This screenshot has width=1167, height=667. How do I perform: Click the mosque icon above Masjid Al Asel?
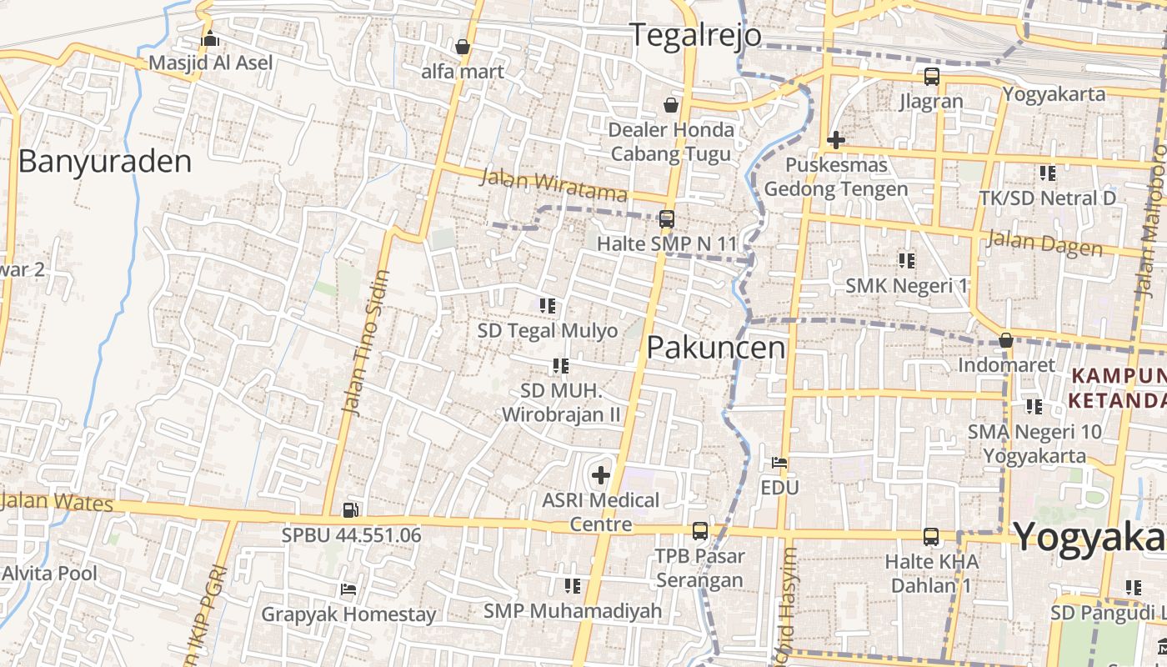(x=210, y=39)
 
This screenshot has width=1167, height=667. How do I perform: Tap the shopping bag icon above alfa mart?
(x=463, y=47)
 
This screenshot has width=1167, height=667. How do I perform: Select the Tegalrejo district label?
(x=694, y=35)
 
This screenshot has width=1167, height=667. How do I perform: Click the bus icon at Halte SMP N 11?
(x=666, y=219)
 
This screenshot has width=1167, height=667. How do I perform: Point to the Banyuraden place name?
(x=104, y=161)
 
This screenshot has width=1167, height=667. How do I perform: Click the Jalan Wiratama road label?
(x=553, y=185)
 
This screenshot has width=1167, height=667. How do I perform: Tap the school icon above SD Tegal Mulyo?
(x=548, y=306)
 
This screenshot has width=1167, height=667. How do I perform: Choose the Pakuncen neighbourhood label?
(x=716, y=347)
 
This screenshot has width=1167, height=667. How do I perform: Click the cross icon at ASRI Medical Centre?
(x=600, y=476)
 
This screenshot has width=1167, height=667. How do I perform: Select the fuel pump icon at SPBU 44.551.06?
(x=351, y=509)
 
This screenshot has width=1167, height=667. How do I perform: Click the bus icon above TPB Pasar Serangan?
(x=699, y=531)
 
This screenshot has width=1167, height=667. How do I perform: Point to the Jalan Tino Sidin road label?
(x=366, y=343)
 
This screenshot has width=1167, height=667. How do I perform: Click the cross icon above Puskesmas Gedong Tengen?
(x=835, y=140)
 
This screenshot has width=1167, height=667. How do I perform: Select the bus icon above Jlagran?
(x=931, y=77)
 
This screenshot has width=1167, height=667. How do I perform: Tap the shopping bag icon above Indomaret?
(x=1006, y=340)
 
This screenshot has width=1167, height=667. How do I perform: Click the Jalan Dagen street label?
(x=1044, y=243)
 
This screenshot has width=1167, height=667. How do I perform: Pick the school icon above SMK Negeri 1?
(x=907, y=261)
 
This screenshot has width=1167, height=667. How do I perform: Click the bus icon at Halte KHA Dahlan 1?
(x=931, y=537)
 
